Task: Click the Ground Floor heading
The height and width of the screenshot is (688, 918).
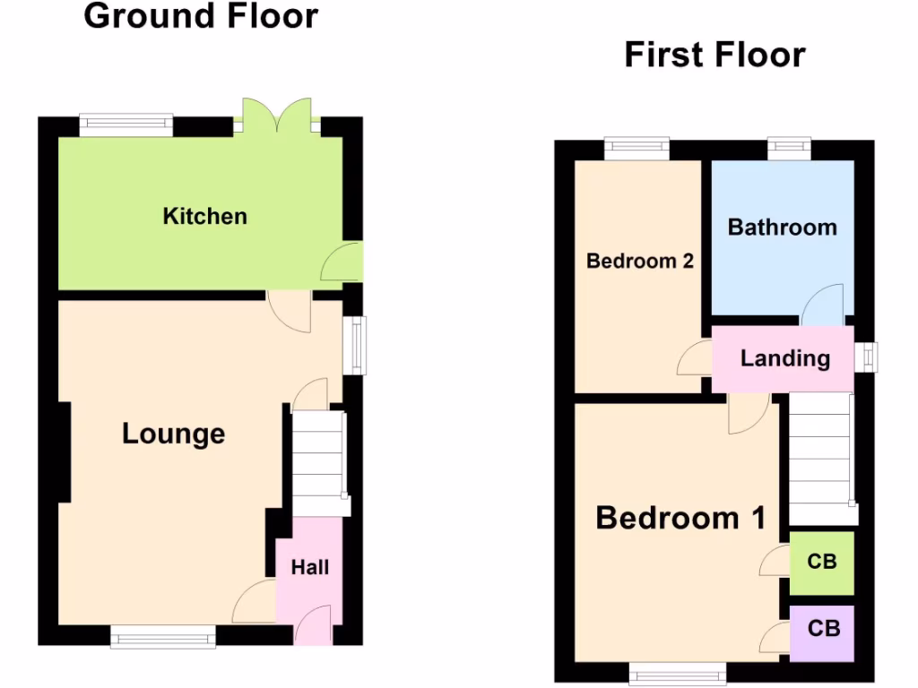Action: (x=201, y=16)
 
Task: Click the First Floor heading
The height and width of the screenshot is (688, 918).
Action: (x=714, y=55)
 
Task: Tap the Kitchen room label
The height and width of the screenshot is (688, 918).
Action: (x=204, y=216)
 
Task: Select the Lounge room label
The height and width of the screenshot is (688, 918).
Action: (x=173, y=434)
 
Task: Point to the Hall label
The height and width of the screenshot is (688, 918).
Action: (x=309, y=567)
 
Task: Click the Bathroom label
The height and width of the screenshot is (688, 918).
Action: (x=782, y=227)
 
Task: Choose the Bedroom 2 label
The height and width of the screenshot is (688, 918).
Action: (x=639, y=261)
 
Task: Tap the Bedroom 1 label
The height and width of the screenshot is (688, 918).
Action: (x=680, y=518)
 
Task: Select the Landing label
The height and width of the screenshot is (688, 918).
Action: (x=784, y=358)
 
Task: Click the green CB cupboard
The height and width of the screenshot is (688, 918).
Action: (x=821, y=562)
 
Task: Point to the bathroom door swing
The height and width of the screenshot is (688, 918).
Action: (x=823, y=307)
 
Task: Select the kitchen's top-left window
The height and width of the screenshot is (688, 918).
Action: (x=126, y=125)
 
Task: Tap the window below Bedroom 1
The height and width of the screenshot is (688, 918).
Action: (x=677, y=674)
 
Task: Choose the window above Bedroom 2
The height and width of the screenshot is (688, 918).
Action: (x=637, y=148)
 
